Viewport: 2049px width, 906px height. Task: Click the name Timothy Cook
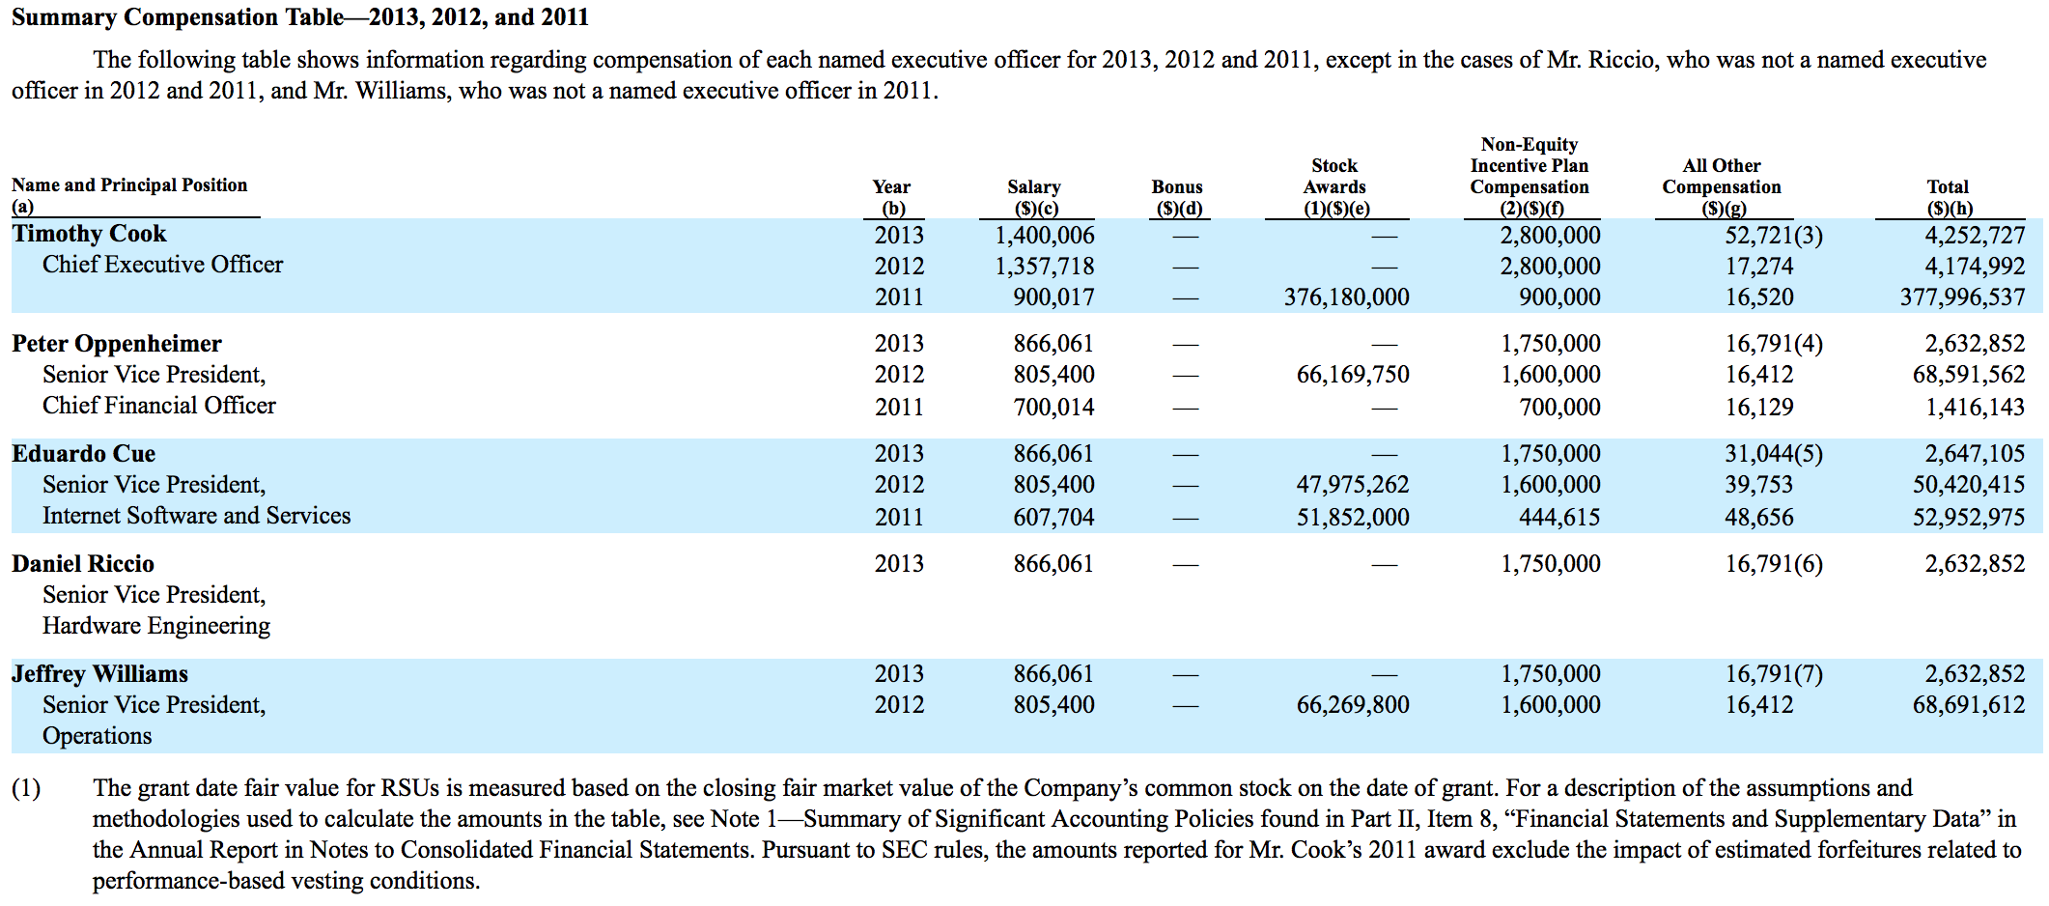click(89, 234)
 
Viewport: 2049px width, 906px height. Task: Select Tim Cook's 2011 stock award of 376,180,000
click(1346, 297)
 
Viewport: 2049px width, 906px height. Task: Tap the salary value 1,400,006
click(1045, 236)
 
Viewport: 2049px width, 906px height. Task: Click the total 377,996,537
click(1962, 297)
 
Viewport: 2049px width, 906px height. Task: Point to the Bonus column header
click(1177, 197)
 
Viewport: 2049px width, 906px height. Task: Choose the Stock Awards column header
click(1335, 186)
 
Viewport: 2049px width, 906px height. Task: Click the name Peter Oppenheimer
click(117, 344)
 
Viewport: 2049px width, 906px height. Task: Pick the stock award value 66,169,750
click(1353, 375)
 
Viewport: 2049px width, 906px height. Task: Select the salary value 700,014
click(1053, 408)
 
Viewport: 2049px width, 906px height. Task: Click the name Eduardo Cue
click(83, 454)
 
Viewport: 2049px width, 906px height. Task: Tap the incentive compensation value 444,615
click(1559, 518)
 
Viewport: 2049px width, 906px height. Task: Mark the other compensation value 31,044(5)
click(1774, 454)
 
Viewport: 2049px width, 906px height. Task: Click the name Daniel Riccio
click(83, 564)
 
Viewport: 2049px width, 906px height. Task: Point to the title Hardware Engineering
click(156, 626)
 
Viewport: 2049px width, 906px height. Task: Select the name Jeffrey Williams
click(99, 674)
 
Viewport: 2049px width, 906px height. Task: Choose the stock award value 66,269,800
click(1353, 705)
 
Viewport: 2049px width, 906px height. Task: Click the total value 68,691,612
click(1969, 705)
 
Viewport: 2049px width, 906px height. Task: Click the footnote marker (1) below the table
click(26, 789)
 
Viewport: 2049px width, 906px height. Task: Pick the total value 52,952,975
click(1969, 518)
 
